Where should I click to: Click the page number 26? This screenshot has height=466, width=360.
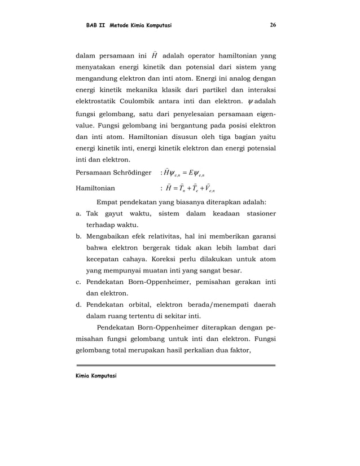pyautogui.click(x=273, y=25)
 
